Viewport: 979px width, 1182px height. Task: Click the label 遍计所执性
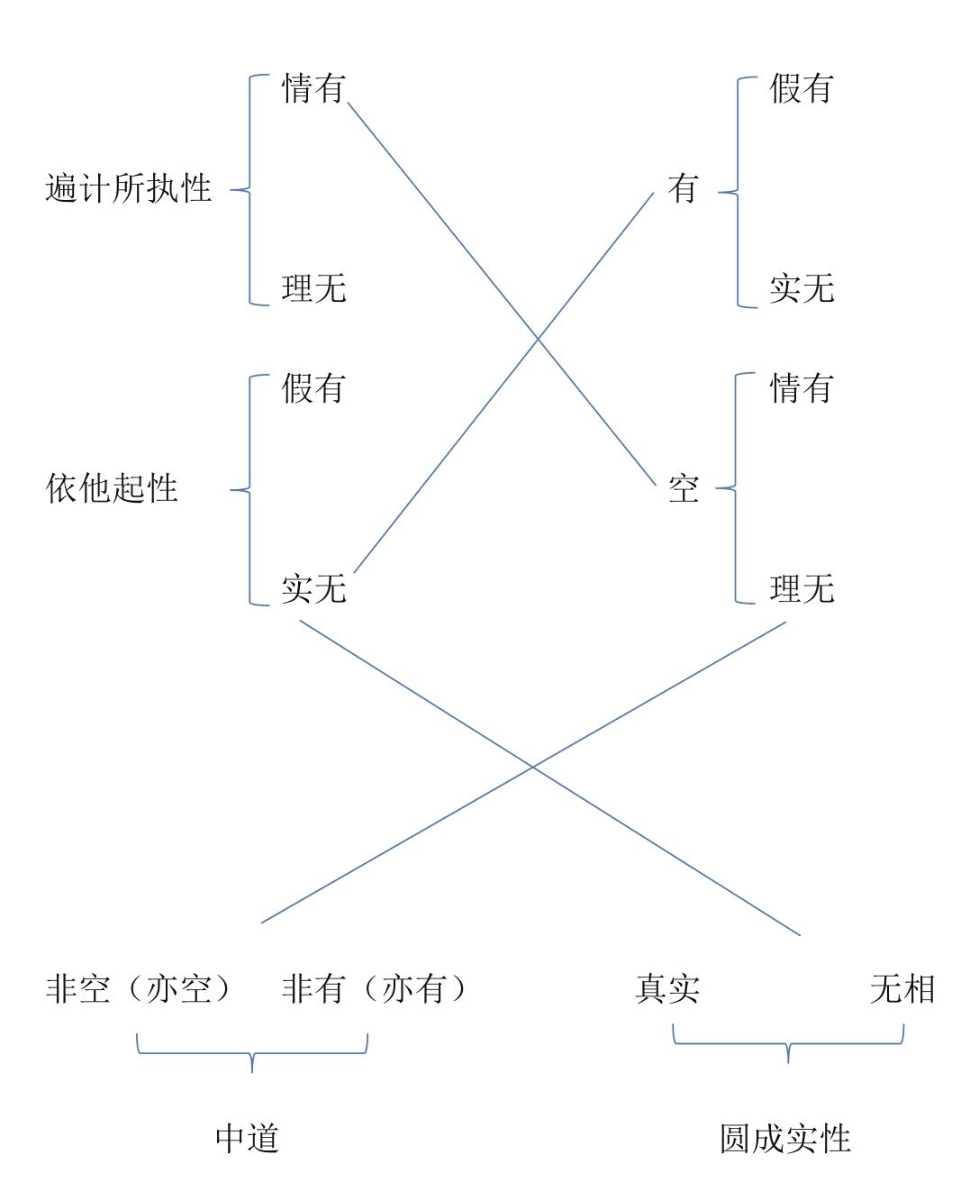(x=129, y=189)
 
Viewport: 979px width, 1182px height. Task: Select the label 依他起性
(x=113, y=488)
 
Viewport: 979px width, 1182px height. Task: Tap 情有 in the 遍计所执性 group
(x=313, y=89)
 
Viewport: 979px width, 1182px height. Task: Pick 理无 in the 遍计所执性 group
(x=313, y=289)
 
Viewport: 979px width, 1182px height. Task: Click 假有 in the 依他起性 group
(x=313, y=388)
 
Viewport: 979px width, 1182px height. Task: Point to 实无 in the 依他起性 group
(x=313, y=589)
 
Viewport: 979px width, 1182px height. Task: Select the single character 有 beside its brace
(x=683, y=189)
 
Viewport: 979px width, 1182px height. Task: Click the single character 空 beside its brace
(x=683, y=489)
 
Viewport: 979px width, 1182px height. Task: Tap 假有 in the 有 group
(x=802, y=89)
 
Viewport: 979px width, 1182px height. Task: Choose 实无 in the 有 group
(x=802, y=289)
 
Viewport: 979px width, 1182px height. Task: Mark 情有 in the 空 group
(x=802, y=388)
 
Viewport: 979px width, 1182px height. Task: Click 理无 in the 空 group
(x=802, y=589)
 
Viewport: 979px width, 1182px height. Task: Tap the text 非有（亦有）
(x=376, y=989)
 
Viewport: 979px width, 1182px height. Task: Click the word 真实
(x=666, y=989)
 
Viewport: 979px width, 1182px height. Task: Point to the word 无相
(x=902, y=989)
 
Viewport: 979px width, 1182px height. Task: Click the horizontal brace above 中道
(x=251, y=1052)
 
